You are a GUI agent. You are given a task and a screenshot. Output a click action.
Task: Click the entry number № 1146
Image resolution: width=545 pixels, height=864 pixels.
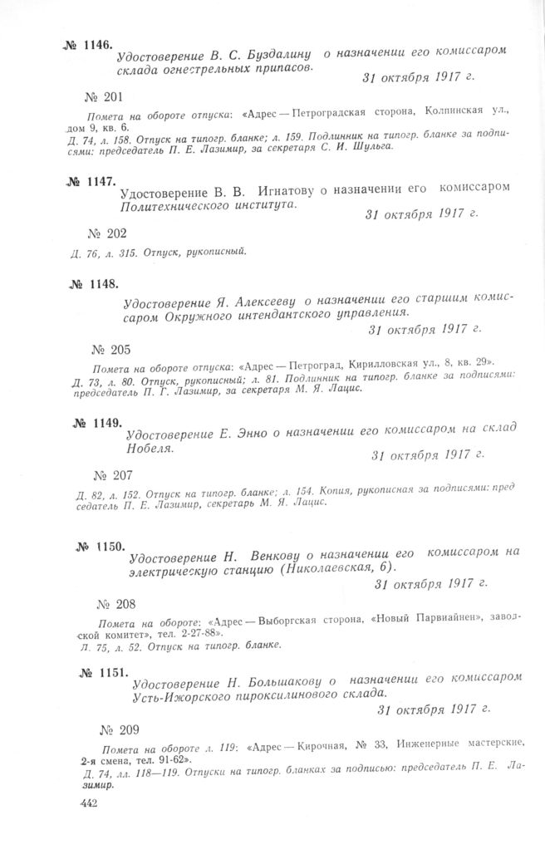click(x=88, y=47)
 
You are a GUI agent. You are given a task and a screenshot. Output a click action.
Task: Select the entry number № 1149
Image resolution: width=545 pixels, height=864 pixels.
click(x=98, y=423)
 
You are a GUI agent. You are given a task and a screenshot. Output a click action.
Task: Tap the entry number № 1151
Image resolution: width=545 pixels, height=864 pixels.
click(x=104, y=672)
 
